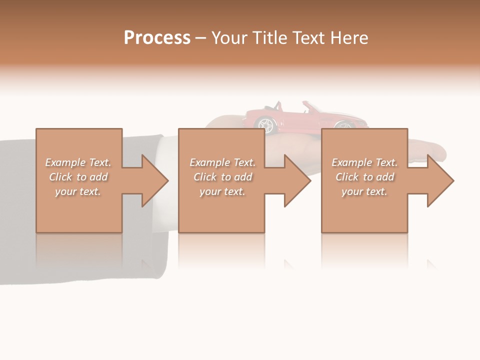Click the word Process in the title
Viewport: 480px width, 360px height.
tap(157, 38)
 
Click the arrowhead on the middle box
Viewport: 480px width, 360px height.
tap(297, 180)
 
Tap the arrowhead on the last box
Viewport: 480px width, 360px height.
tap(440, 180)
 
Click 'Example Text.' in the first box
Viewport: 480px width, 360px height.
tap(78, 162)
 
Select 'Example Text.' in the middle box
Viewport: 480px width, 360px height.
tap(222, 162)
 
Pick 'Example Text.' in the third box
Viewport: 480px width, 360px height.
tap(364, 162)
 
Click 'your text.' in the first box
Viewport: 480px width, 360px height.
tap(78, 191)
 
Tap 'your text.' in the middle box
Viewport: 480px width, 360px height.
tap(222, 191)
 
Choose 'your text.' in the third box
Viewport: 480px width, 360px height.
tap(364, 191)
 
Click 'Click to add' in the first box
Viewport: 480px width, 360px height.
tap(78, 177)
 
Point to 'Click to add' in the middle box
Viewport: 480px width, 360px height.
tap(222, 177)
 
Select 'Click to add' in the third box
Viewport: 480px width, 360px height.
tap(364, 177)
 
